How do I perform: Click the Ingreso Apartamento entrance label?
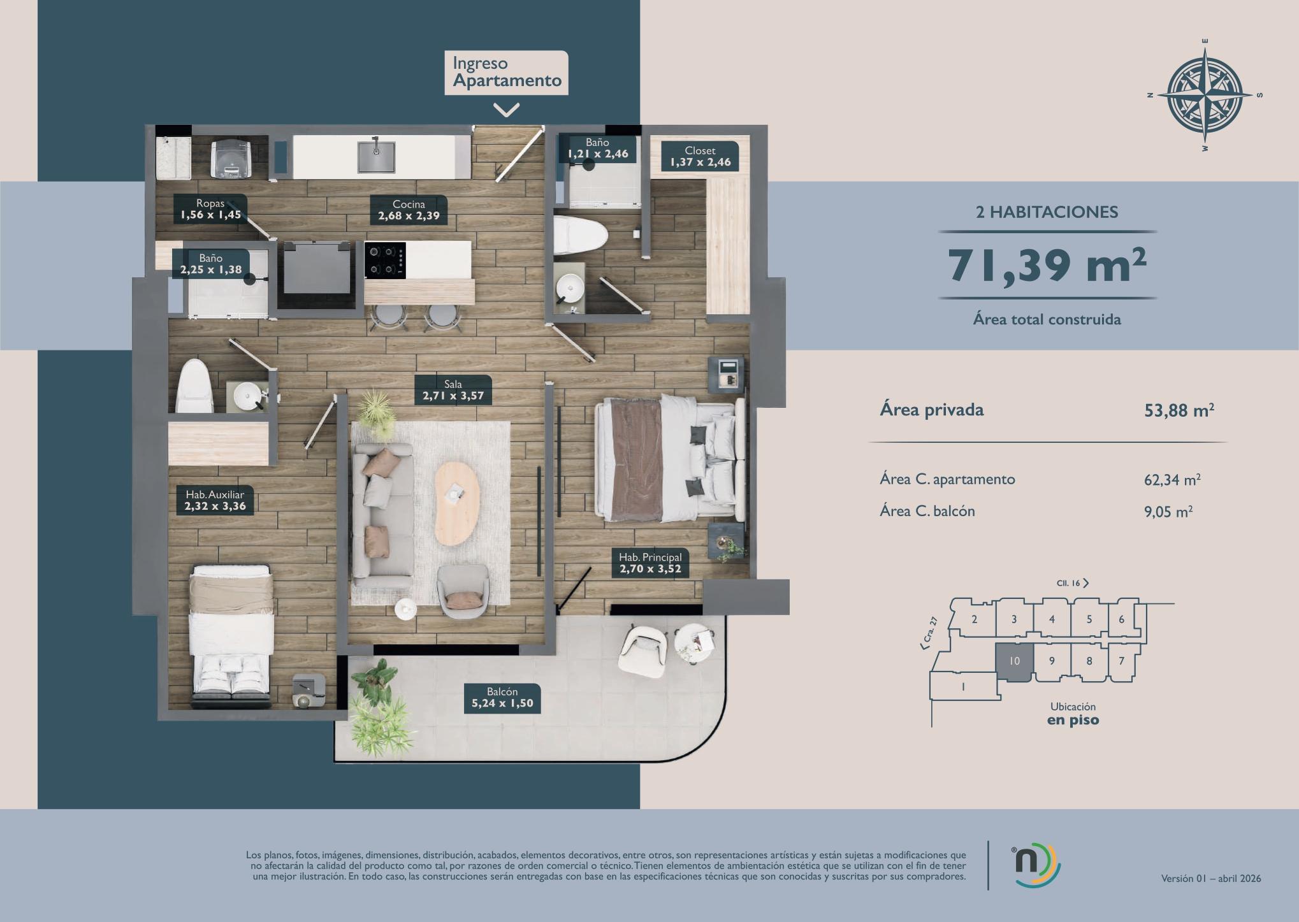pos(506,73)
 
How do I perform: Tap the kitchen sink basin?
pos(376,157)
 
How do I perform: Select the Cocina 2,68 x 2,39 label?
pos(409,210)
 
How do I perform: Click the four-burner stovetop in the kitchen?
pos(385,260)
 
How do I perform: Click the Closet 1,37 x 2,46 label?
pos(700,156)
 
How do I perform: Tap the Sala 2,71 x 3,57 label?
pos(453,390)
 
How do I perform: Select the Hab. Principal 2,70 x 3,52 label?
pos(650,563)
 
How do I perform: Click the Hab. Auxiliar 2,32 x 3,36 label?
pos(215,500)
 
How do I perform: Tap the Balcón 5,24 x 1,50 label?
pos(502,698)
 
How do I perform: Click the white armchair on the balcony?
pos(642,652)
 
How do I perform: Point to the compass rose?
pos(1205,96)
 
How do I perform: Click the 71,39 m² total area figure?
pos(1047,265)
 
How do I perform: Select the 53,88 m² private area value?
pos(1179,410)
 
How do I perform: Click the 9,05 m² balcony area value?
pos(1168,512)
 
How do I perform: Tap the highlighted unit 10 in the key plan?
pos(1014,662)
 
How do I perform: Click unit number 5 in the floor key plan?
pos(1089,619)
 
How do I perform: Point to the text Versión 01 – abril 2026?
pos(1211,879)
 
